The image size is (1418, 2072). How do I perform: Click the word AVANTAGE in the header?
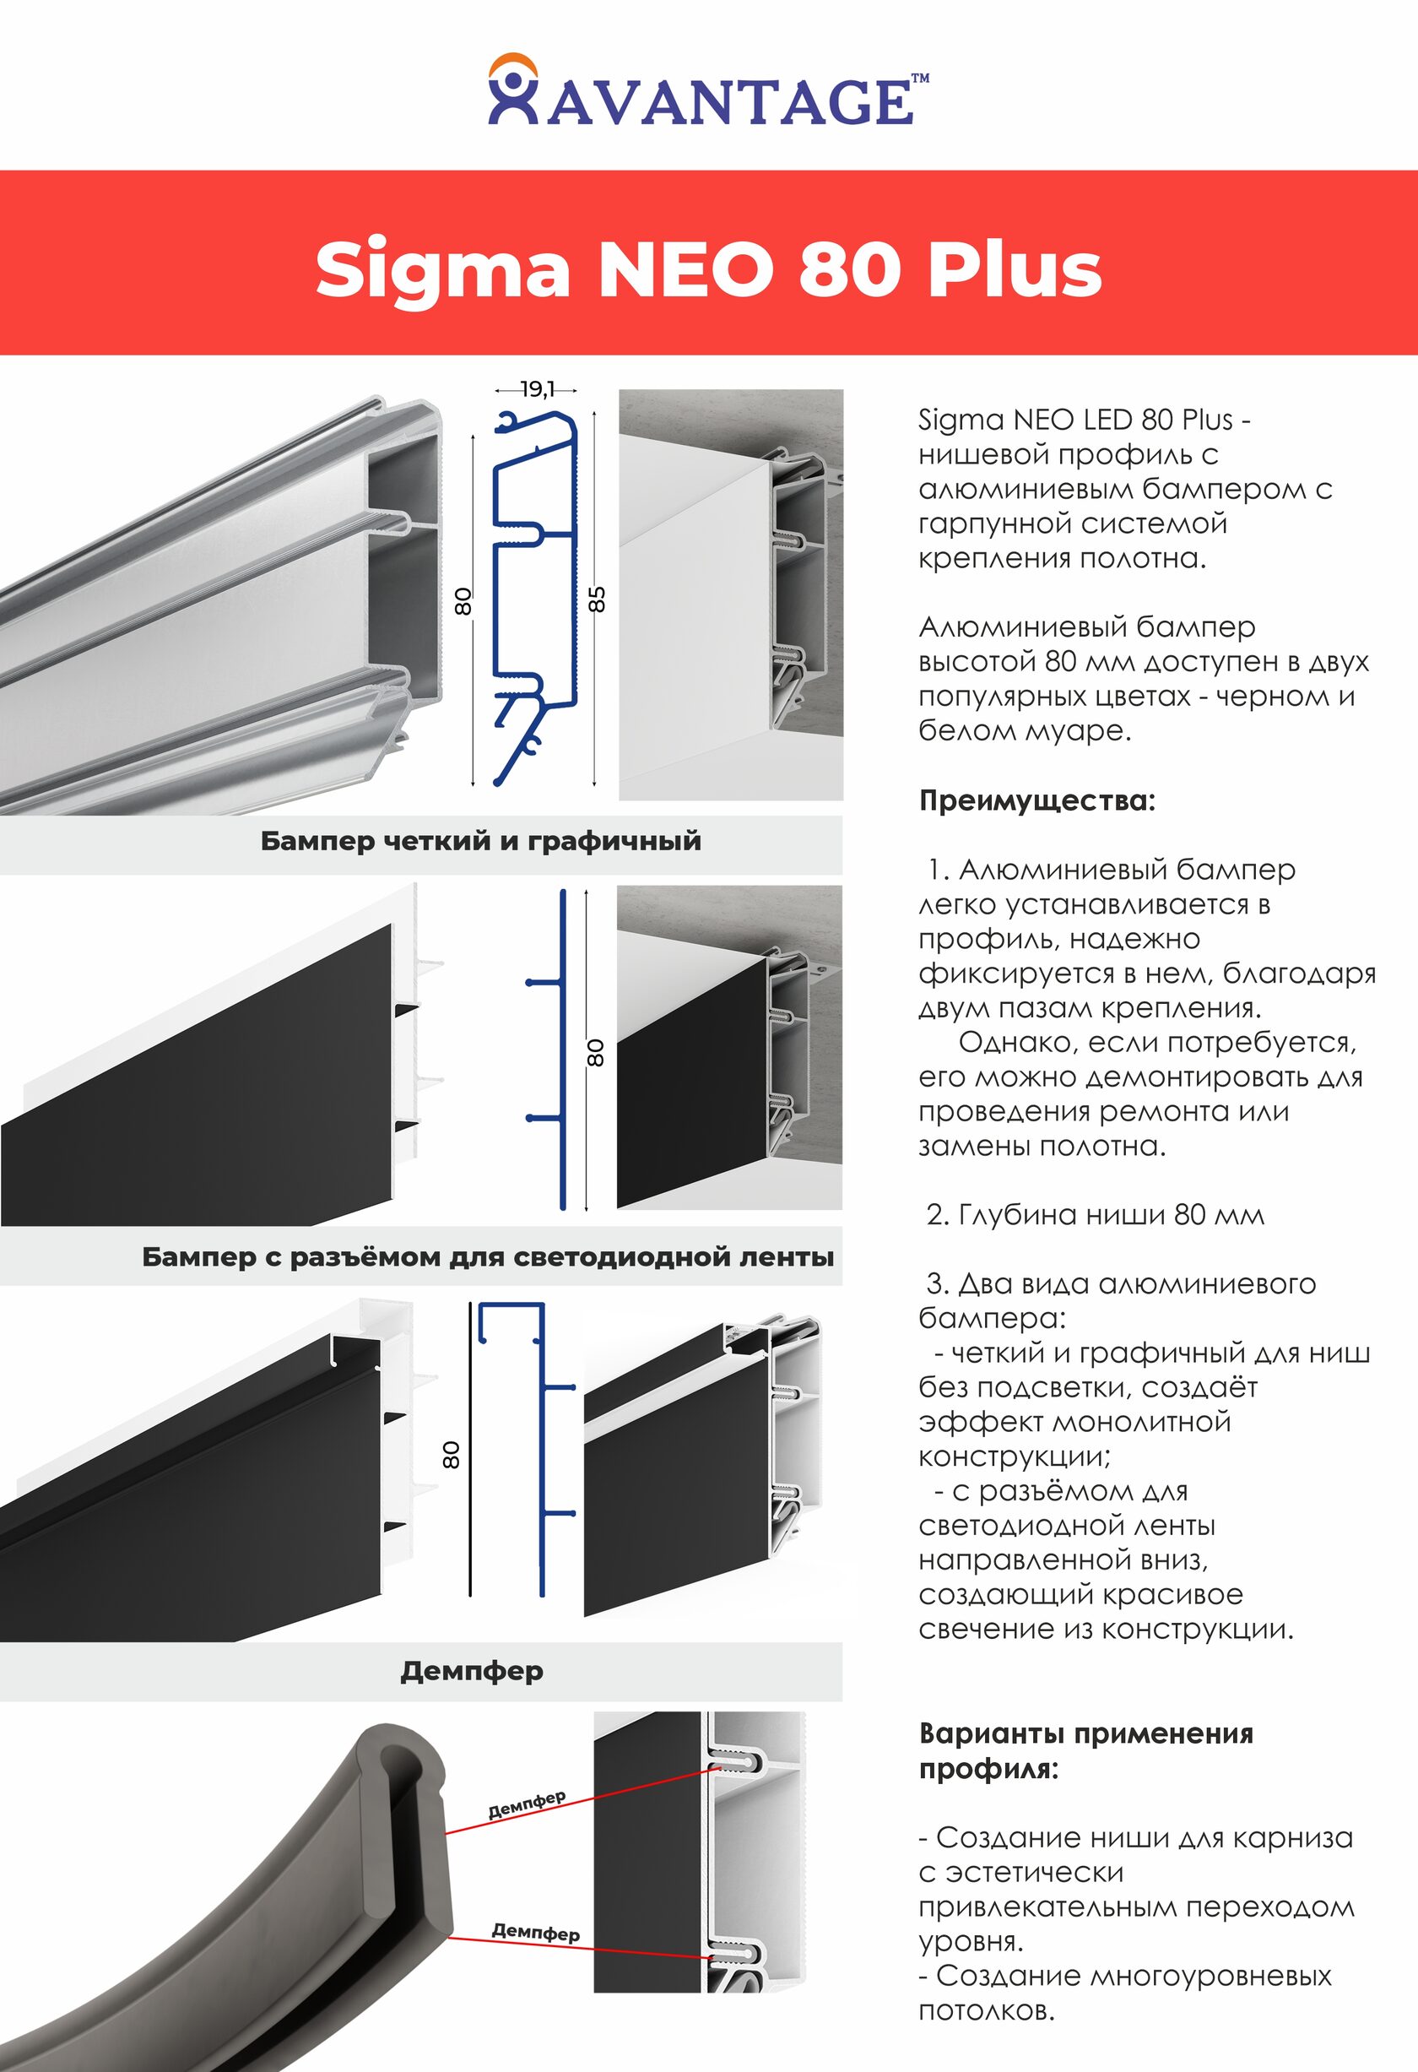click(730, 101)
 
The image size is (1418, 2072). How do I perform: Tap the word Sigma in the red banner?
click(442, 269)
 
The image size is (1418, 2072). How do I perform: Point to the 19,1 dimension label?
click(537, 389)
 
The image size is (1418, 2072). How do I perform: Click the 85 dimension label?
click(598, 599)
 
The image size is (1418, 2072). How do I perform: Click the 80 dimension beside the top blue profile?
click(463, 601)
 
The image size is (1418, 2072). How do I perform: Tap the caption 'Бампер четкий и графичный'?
click(480, 841)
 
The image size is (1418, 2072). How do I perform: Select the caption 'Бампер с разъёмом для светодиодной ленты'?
click(488, 1257)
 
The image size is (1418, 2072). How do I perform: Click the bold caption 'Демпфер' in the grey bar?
click(472, 1671)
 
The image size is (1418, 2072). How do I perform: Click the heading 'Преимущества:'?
click(1036, 800)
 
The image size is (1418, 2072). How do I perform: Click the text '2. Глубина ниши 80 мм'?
click(1095, 1215)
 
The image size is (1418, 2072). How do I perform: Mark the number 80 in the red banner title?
click(846, 269)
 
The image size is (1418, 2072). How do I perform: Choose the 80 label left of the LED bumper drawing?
click(452, 1455)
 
